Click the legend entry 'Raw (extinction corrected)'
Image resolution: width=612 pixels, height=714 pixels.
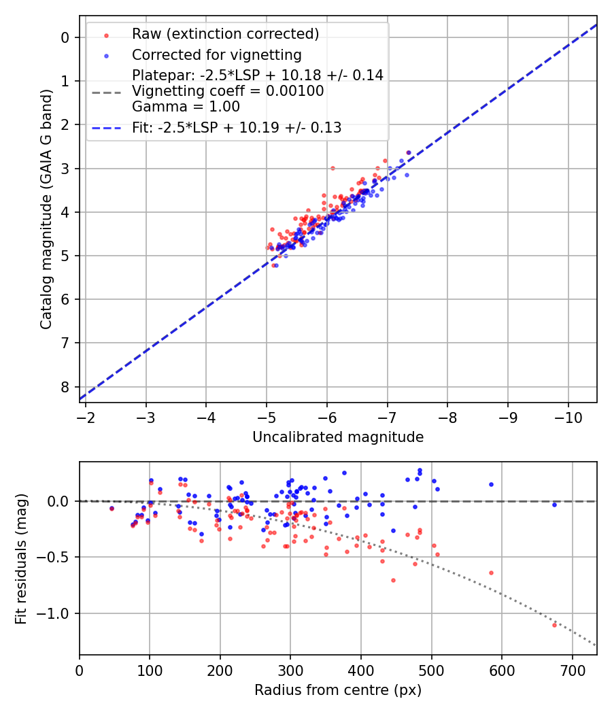click(x=225, y=34)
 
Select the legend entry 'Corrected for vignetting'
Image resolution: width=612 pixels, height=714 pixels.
click(x=216, y=54)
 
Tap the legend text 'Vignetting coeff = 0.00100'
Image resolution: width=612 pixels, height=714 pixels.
click(x=228, y=91)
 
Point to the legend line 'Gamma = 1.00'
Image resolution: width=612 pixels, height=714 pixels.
click(x=186, y=106)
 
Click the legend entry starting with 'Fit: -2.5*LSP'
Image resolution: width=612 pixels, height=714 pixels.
click(x=237, y=127)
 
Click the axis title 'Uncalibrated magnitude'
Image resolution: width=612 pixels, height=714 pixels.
click(x=338, y=437)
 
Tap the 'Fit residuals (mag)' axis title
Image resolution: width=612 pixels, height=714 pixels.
click(x=21, y=558)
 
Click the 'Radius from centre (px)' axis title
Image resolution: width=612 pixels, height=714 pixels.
click(x=338, y=690)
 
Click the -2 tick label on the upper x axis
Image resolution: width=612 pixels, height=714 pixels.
click(x=86, y=416)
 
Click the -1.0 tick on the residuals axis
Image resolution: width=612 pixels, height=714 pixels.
click(x=58, y=613)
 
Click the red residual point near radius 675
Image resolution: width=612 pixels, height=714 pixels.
click(x=554, y=624)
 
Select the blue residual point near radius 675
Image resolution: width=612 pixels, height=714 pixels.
click(x=554, y=505)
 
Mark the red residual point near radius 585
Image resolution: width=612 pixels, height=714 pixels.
click(x=491, y=573)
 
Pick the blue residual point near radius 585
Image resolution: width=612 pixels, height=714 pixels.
click(x=491, y=484)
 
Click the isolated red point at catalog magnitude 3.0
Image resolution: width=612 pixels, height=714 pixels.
click(x=333, y=168)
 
